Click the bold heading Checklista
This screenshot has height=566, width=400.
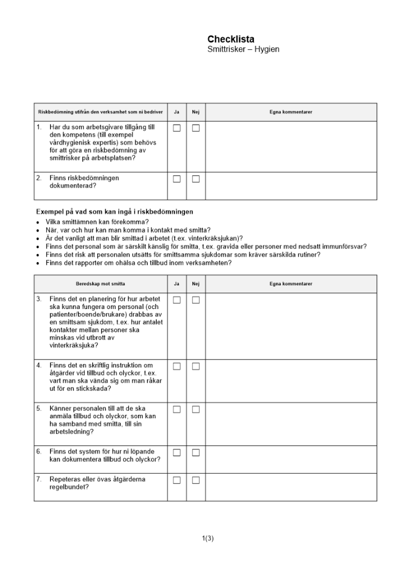231,39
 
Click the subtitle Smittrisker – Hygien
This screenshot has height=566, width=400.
243,50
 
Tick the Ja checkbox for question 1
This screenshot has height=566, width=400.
177,128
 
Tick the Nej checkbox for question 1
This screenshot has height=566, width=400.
196,128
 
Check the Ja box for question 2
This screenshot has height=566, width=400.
177,179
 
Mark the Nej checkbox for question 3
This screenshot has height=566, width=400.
196,300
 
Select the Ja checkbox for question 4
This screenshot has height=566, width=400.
177,366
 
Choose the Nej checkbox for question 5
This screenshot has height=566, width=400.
196,409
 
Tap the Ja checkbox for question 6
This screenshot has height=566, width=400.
177,452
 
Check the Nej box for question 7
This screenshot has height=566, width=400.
196,481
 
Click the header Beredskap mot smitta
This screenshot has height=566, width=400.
101,284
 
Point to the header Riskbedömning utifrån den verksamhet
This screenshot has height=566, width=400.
101,112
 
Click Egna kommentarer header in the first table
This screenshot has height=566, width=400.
291,112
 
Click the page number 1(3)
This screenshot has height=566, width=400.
208,538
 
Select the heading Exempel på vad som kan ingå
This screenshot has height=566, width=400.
114,212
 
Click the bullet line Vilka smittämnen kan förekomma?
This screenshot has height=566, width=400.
97,222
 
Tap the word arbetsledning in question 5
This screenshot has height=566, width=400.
70,432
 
